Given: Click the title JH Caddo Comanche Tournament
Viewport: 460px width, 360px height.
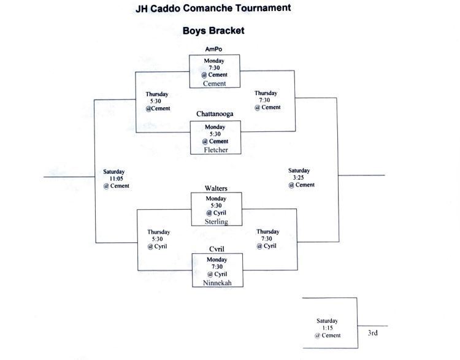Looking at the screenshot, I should (x=213, y=9).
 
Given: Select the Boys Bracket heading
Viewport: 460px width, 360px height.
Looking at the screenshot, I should (x=213, y=30).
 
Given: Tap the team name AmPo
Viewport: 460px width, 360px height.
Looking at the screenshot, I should (x=213, y=49).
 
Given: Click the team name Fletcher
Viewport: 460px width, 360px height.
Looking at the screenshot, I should (x=215, y=149).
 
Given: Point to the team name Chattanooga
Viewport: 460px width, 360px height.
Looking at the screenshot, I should (x=215, y=114).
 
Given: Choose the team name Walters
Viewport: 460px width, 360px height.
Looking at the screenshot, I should (x=216, y=188).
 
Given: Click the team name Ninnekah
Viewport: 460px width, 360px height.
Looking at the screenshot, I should (x=216, y=283).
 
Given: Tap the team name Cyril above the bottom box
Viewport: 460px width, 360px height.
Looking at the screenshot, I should (x=216, y=249).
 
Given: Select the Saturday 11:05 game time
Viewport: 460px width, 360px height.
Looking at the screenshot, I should (x=115, y=178).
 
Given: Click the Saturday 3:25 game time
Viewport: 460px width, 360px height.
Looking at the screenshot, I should (x=300, y=177).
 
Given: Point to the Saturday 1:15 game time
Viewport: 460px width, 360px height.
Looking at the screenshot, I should (x=327, y=327).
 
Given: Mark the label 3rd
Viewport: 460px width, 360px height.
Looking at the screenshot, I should (x=372, y=333).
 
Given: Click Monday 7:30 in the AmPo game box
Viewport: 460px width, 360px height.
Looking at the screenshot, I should (x=214, y=64).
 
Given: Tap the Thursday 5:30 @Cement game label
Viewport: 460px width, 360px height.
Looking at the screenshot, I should (x=158, y=102).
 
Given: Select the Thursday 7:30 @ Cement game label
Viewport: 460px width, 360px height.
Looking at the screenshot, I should (x=267, y=100).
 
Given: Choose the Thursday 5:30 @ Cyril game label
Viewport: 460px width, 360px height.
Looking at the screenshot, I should (x=158, y=239).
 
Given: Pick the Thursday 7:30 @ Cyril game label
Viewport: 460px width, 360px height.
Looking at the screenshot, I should (x=268, y=239).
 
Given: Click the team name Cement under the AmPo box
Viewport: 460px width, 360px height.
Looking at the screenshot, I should (x=214, y=83).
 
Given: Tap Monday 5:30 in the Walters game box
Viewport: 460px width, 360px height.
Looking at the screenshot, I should (x=217, y=202).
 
